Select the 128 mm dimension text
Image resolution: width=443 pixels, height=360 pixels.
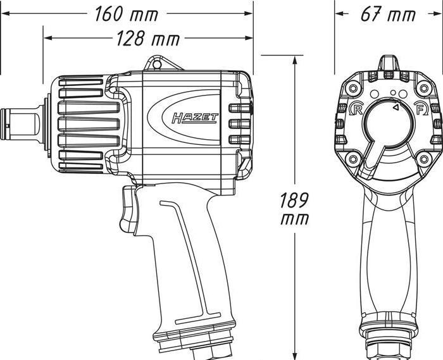coord(147,39)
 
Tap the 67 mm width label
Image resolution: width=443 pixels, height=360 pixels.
coord(388,14)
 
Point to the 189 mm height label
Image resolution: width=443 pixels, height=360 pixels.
coord(295,209)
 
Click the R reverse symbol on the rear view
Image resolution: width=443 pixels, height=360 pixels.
coord(356,108)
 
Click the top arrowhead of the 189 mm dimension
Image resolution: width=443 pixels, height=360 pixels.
coord(295,59)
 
